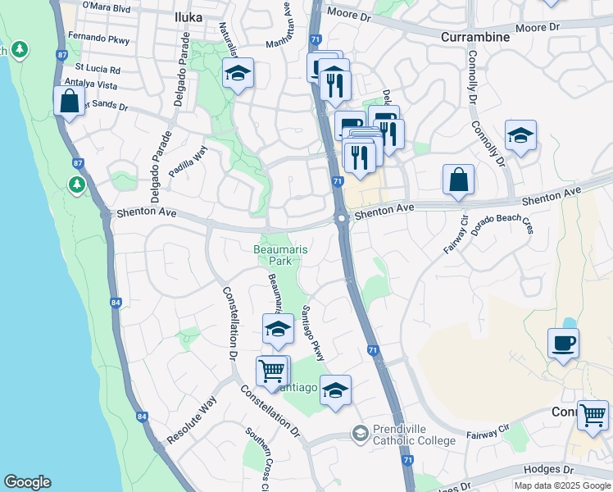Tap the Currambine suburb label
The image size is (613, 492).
(x=475, y=37)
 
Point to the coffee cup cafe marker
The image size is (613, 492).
(x=563, y=343)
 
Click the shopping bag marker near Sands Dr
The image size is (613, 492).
(x=70, y=102)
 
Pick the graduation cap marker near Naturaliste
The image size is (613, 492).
(x=238, y=74)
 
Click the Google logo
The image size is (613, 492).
(x=27, y=482)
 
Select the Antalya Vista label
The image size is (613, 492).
(x=91, y=84)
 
